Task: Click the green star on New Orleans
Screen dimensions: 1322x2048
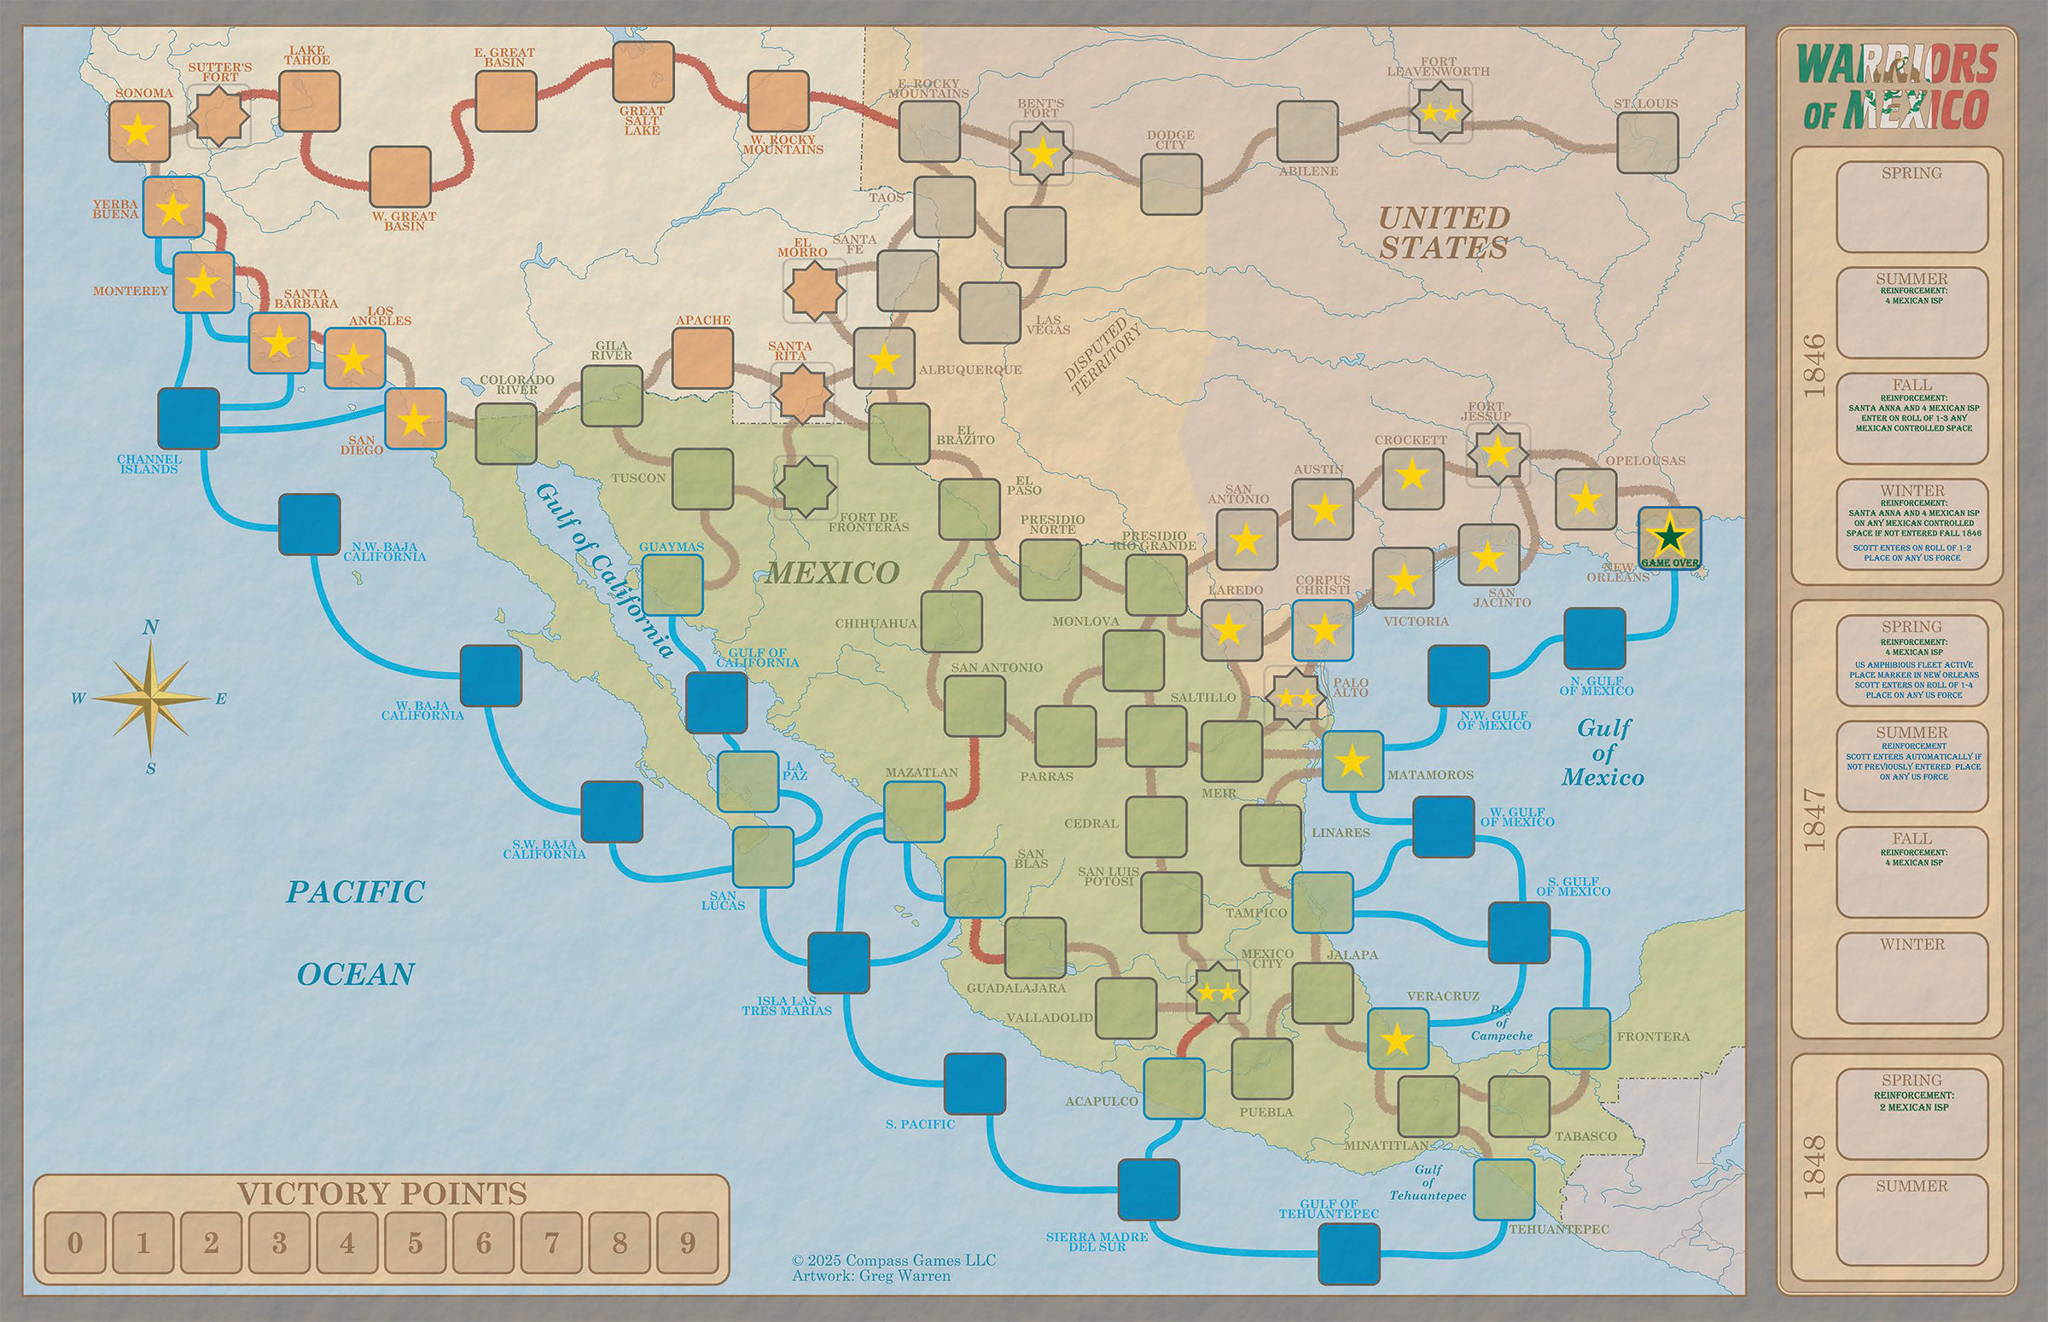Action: click(x=1668, y=536)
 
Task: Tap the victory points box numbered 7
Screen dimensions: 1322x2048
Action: click(x=551, y=1242)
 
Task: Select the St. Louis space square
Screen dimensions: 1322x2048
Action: click(x=1647, y=142)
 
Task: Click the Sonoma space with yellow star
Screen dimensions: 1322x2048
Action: click(x=139, y=131)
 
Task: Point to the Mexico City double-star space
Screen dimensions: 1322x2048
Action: click(x=1217, y=994)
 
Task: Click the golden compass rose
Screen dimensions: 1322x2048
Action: click(x=150, y=699)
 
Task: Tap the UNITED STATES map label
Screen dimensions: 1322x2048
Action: click(x=1443, y=233)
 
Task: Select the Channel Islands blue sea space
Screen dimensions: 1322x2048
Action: click(x=188, y=418)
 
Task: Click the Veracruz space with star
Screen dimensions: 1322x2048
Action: click(x=1396, y=1039)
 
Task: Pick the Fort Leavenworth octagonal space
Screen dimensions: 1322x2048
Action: click(x=1439, y=112)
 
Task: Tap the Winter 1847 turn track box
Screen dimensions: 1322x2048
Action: click(x=1911, y=976)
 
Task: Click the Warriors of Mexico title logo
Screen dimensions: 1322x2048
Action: click(x=1897, y=86)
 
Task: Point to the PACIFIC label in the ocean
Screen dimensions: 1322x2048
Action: click(x=355, y=892)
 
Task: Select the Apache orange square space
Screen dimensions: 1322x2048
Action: click(x=701, y=358)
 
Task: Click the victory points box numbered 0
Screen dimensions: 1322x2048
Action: click(x=75, y=1242)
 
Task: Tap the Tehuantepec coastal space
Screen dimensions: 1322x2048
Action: click(x=1504, y=1189)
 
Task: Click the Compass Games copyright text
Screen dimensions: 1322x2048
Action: click(x=893, y=1260)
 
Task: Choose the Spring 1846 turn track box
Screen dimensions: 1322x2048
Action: click(x=1911, y=207)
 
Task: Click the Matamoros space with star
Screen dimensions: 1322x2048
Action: click(x=1352, y=761)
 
